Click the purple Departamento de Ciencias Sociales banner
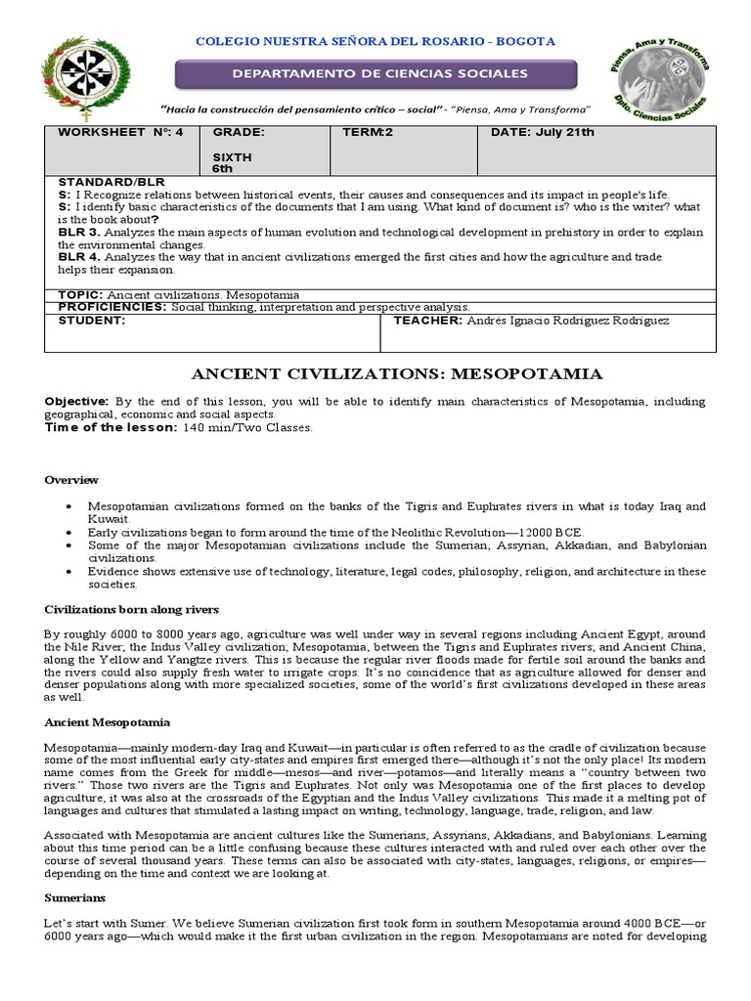pos(375,74)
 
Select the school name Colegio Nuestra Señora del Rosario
pos(375,41)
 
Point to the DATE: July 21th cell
pos(544,132)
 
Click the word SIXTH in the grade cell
pos(232,156)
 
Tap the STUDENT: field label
pos(92,320)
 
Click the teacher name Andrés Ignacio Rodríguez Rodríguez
pos(581,320)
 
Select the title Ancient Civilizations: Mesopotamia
pos(397,373)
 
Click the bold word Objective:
pos(76,402)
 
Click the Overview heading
pos(71,480)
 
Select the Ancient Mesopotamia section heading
pos(108,722)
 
